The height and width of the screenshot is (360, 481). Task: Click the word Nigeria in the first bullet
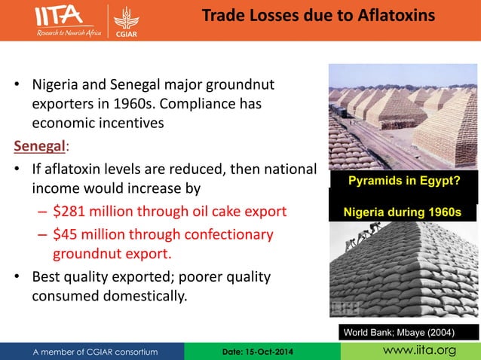(x=57, y=82)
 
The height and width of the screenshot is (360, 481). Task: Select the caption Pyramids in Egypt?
(x=403, y=181)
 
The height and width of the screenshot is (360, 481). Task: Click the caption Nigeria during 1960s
(x=403, y=212)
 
